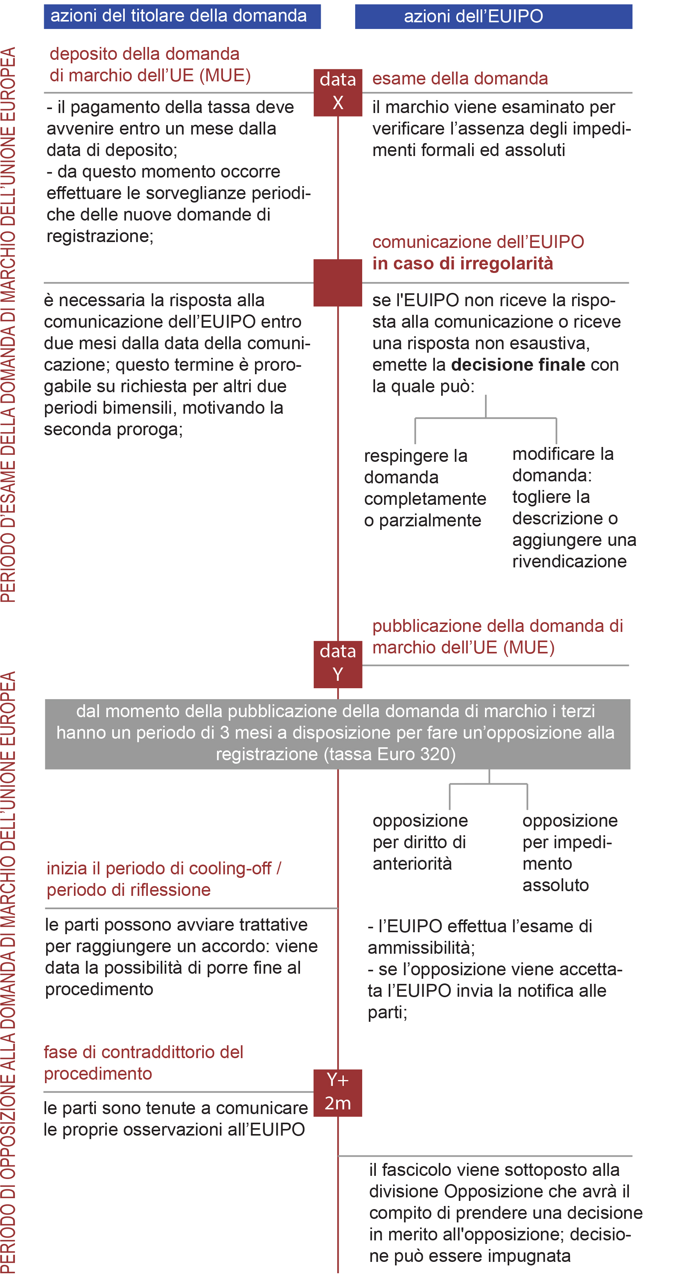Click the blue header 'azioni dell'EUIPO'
(493, 16)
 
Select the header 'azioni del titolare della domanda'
(182, 16)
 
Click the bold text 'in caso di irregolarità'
(462, 264)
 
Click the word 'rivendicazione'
(569, 561)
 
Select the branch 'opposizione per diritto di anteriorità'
(420, 842)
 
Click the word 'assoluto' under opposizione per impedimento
(555, 885)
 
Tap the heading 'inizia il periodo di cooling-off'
(163, 868)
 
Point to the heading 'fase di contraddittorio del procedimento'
(143, 1062)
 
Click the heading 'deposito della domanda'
(144, 54)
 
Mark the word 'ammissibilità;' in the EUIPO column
(421, 947)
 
